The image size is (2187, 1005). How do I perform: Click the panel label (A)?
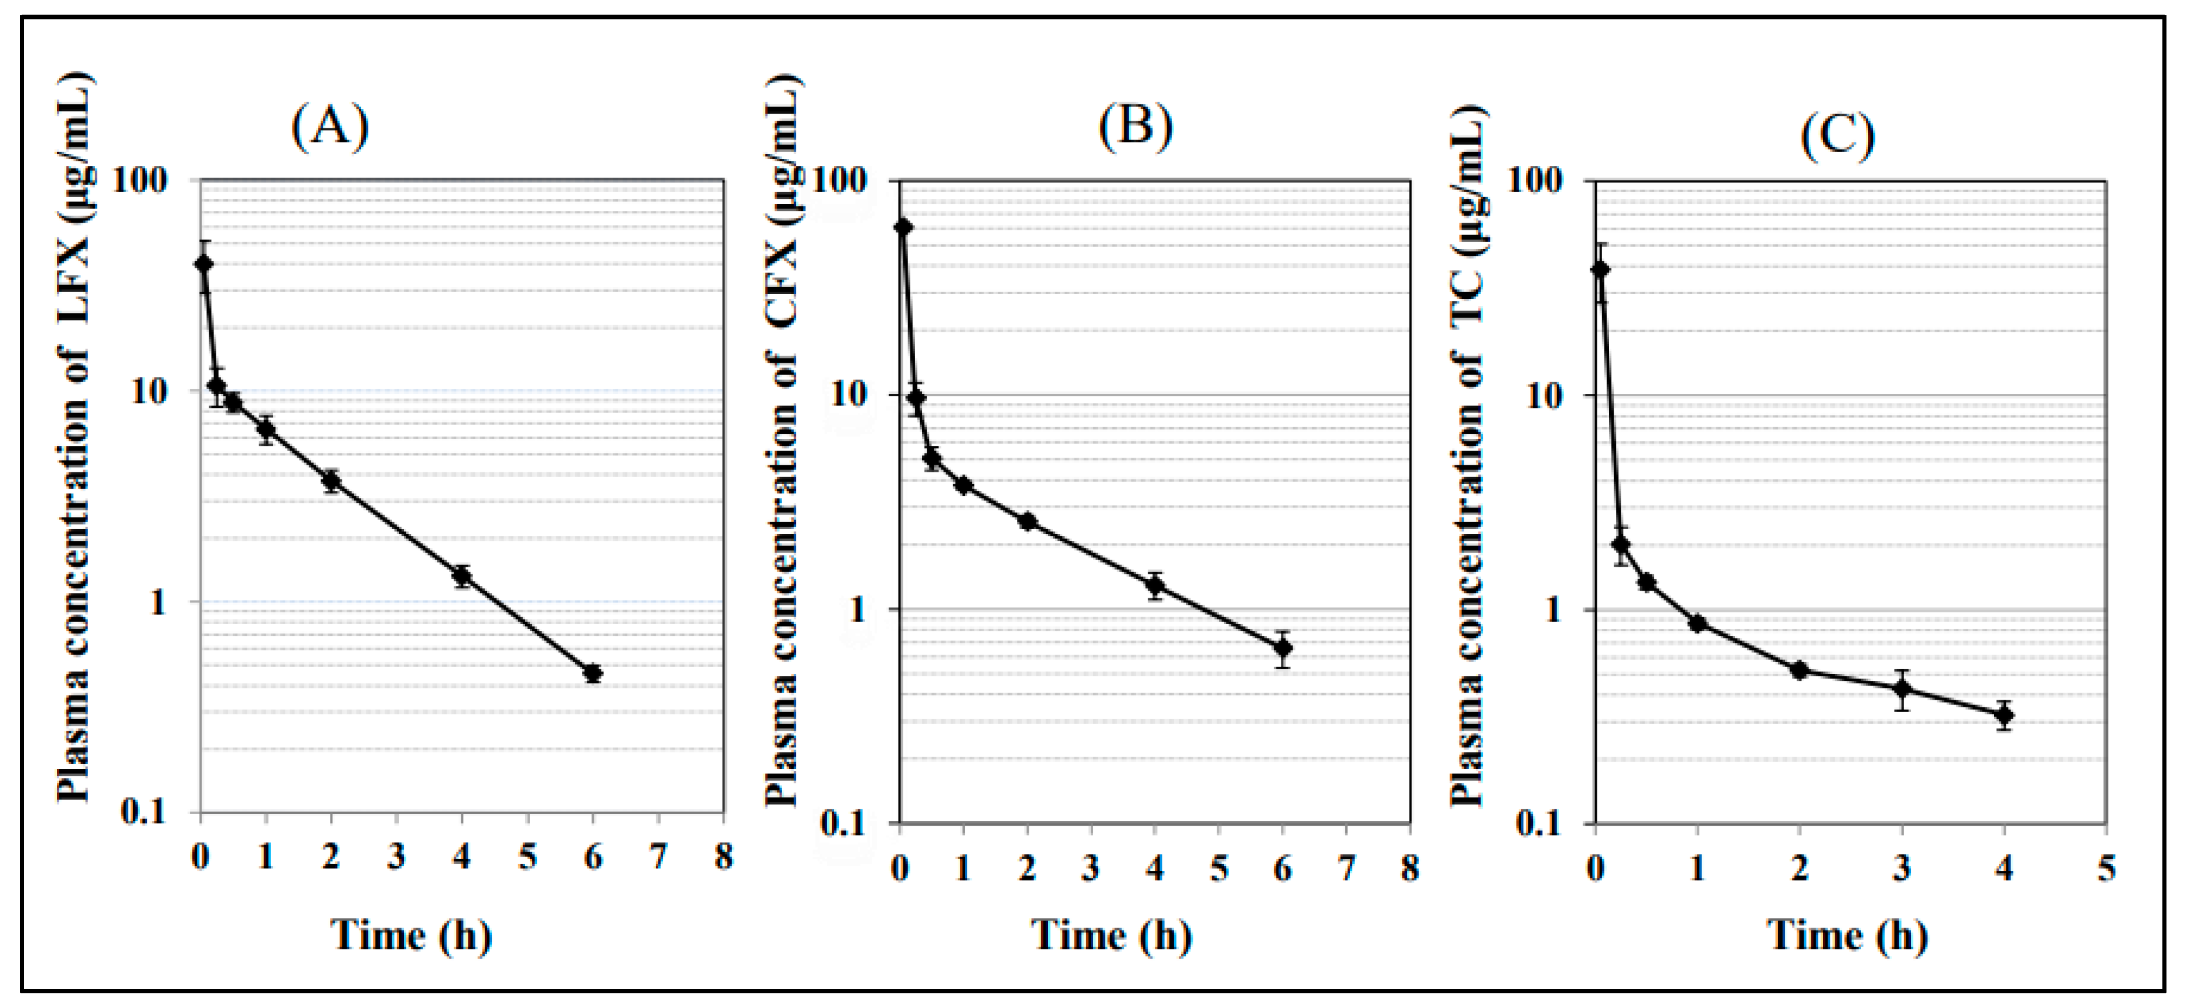pos(329,127)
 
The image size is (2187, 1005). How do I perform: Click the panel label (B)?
pos(1135,127)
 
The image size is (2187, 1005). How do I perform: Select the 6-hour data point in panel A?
pos(593,673)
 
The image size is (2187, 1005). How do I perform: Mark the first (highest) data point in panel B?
pos(903,227)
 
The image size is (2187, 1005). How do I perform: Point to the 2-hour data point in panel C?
pos(1799,670)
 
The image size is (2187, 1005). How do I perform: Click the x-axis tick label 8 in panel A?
pos(723,857)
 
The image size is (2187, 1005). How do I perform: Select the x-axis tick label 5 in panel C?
pos(2106,867)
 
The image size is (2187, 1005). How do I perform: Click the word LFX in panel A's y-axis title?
pos(74,278)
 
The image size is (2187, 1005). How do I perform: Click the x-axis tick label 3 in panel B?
pos(1091,867)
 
